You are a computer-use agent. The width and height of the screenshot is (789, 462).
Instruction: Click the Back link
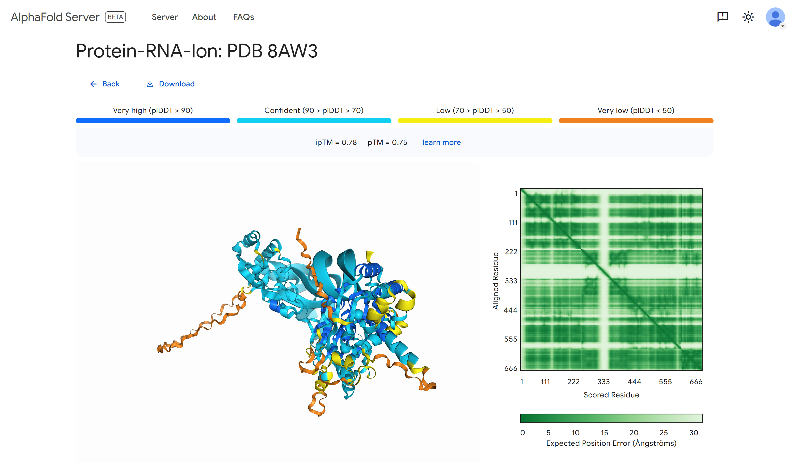point(105,84)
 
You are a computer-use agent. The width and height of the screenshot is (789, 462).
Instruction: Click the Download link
point(171,84)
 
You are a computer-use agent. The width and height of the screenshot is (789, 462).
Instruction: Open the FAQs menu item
point(243,17)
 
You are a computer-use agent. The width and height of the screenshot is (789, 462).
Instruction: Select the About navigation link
point(204,17)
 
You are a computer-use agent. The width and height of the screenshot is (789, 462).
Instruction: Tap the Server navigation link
point(165,17)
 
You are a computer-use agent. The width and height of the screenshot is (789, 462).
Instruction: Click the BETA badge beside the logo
point(115,17)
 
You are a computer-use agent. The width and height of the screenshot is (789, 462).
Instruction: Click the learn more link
point(441,142)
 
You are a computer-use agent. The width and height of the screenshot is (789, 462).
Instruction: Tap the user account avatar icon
point(775,17)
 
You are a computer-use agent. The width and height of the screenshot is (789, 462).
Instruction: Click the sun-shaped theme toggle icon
point(748,17)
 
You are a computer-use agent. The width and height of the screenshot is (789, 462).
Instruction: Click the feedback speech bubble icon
point(723,16)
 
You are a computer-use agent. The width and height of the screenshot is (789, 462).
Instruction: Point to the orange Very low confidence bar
point(636,121)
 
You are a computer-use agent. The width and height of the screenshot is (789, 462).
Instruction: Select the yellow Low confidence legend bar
point(475,121)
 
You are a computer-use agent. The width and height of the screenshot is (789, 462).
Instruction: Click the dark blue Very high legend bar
point(153,121)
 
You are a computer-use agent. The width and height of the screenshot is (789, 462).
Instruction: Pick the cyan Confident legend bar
point(314,121)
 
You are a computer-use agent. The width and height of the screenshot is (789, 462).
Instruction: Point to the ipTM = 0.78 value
point(336,142)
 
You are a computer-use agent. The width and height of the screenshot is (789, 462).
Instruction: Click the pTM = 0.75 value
point(387,142)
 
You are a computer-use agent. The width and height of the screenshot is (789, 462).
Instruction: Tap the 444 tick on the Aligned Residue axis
point(510,310)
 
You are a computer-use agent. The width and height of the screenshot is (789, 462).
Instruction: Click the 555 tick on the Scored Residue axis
point(665,381)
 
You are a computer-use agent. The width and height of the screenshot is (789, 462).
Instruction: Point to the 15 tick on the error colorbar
point(604,432)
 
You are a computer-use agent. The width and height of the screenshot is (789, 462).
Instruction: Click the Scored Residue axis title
point(611,395)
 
